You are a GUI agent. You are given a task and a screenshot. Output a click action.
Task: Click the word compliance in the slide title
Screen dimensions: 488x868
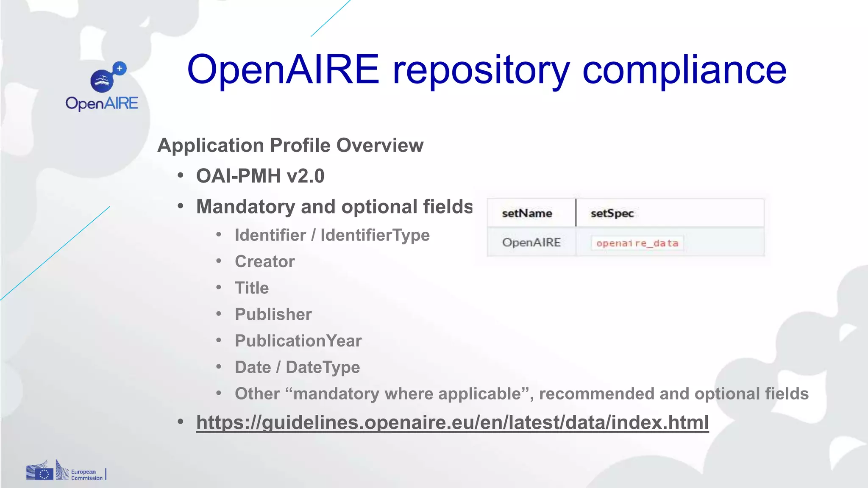coord(684,70)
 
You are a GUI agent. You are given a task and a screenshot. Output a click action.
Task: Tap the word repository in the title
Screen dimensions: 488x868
coord(481,70)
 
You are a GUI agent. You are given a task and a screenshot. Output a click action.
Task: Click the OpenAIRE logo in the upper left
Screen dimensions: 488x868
coord(102,87)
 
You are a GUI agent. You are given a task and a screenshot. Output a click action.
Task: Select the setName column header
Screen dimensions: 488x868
coord(527,213)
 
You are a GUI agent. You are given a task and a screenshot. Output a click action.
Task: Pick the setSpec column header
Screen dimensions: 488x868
coord(612,213)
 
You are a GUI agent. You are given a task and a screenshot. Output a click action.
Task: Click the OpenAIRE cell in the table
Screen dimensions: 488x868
coord(531,242)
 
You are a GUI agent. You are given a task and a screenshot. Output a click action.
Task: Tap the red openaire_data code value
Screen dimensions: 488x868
coord(637,243)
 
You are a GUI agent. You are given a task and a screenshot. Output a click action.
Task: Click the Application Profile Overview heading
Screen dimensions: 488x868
coord(290,145)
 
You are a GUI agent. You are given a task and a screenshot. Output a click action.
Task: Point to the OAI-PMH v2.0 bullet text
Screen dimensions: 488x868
coord(260,176)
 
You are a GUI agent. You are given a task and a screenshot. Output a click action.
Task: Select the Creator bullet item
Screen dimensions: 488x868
coord(265,261)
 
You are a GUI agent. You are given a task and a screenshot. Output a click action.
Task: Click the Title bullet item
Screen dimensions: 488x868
coord(252,288)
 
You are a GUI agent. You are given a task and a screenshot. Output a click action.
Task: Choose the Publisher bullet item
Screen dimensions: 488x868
coord(273,314)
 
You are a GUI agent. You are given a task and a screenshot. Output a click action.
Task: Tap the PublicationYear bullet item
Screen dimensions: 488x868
coord(298,341)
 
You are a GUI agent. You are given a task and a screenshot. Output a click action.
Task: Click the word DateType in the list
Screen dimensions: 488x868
coord(323,367)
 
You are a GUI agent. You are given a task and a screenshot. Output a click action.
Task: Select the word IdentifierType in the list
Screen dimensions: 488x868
coord(375,235)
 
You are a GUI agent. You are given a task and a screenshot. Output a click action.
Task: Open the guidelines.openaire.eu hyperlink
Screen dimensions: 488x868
coord(452,422)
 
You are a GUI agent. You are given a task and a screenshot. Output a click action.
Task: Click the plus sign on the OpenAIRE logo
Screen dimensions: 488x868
coord(120,68)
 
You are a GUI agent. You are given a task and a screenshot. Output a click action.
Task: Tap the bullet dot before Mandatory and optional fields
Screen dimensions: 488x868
coord(181,206)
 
